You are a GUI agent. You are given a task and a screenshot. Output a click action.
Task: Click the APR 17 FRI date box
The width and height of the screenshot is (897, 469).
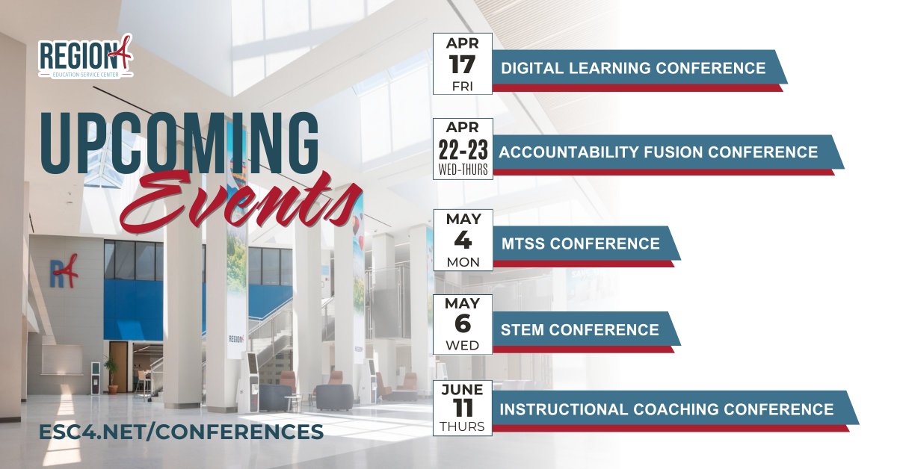463,64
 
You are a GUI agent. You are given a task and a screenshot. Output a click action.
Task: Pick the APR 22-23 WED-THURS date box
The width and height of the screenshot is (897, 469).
463,148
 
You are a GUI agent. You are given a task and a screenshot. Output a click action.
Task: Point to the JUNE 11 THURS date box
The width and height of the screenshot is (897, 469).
463,407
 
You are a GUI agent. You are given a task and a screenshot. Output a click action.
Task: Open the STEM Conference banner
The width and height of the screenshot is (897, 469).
579,329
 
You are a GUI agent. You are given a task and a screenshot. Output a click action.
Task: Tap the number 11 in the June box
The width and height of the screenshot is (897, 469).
463,406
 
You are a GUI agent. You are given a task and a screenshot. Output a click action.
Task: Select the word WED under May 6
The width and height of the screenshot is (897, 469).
463,346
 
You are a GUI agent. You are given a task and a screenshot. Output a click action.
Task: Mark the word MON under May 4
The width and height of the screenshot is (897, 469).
463,262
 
